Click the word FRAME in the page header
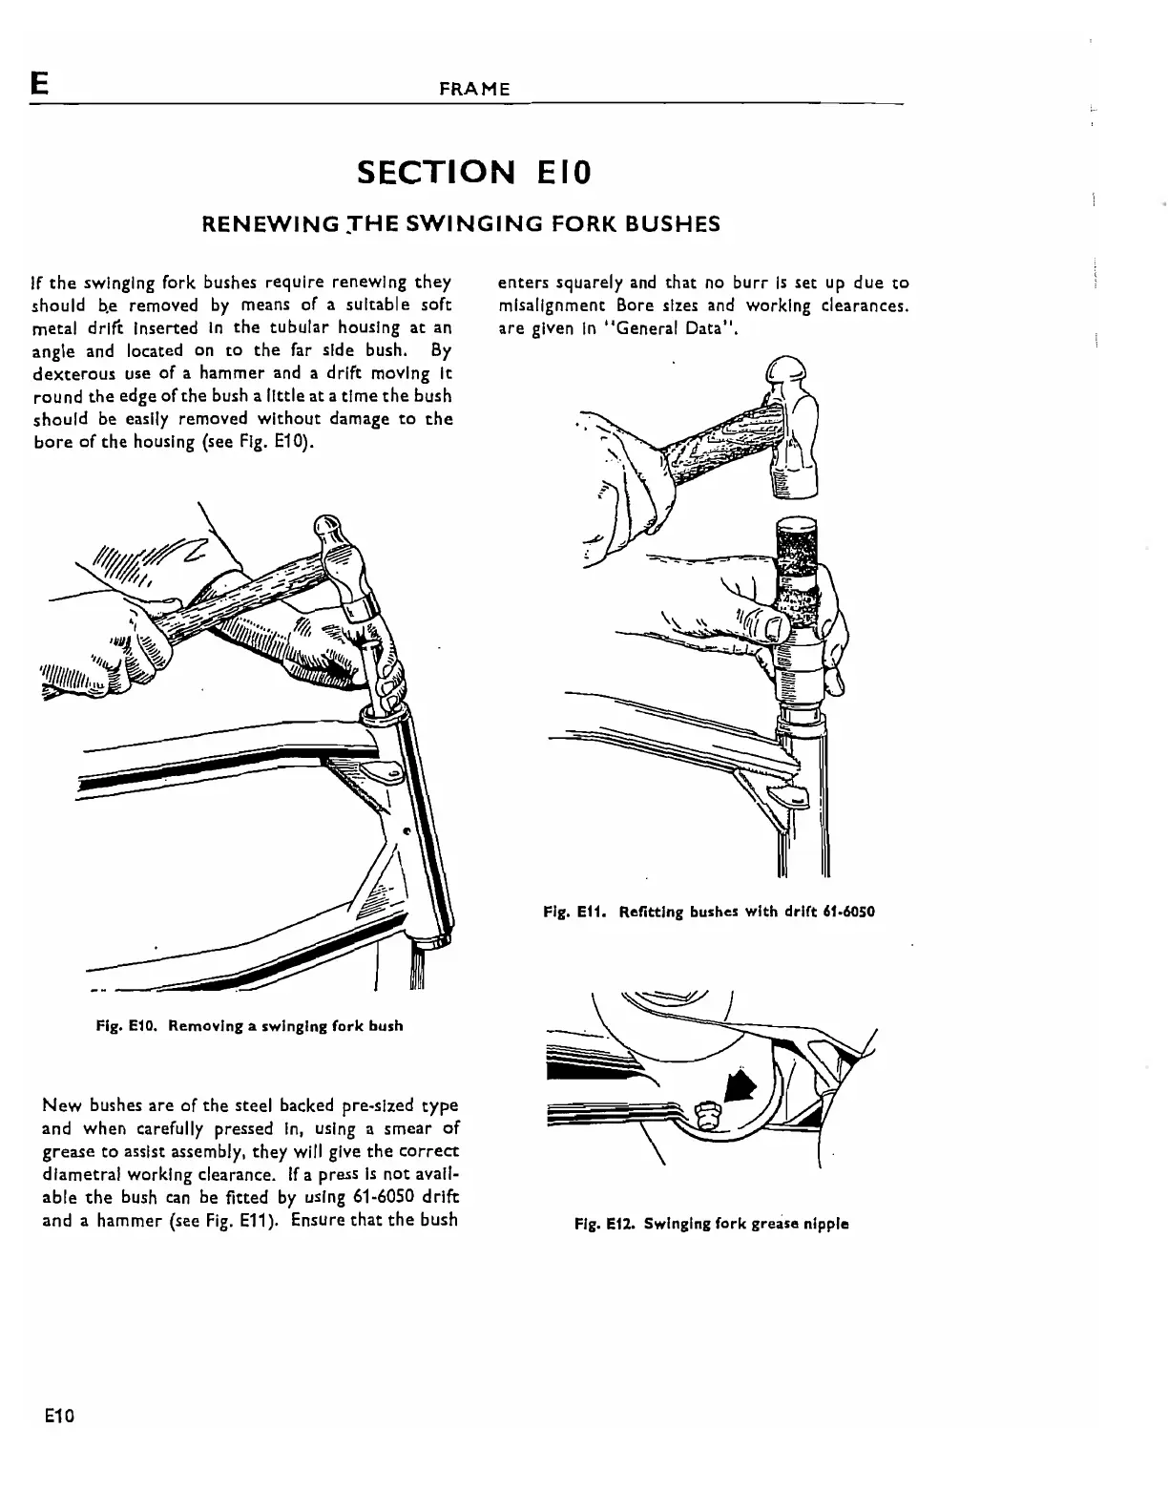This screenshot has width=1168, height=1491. (x=474, y=89)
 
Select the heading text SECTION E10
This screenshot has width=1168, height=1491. (x=474, y=173)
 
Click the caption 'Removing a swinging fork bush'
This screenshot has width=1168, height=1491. (x=285, y=1025)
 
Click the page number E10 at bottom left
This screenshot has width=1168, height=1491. (x=59, y=1414)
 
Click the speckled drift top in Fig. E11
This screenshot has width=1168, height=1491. (x=795, y=558)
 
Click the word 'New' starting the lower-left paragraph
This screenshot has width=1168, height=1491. (x=61, y=1105)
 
